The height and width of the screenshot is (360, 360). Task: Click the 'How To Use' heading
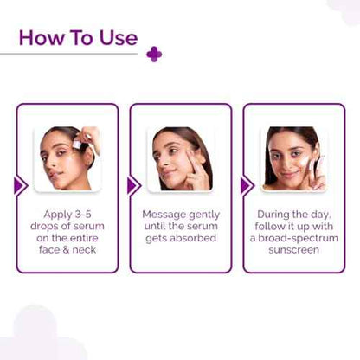[77, 37]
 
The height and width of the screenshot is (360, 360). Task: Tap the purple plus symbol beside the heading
[154, 54]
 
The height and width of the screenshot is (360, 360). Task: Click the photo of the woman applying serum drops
[67, 158]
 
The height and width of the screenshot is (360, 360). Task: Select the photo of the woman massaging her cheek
[180, 158]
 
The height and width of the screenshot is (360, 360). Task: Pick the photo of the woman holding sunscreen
[293, 158]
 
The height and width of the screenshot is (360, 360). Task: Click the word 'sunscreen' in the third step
[293, 250]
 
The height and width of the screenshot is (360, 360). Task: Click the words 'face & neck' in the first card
[67, 250]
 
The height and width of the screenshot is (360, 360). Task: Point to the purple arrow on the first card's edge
[20, 185]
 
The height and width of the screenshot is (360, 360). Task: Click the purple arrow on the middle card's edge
[132, 185]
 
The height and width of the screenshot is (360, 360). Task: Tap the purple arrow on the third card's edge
[246, 185]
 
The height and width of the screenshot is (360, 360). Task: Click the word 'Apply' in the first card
[57, 214]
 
